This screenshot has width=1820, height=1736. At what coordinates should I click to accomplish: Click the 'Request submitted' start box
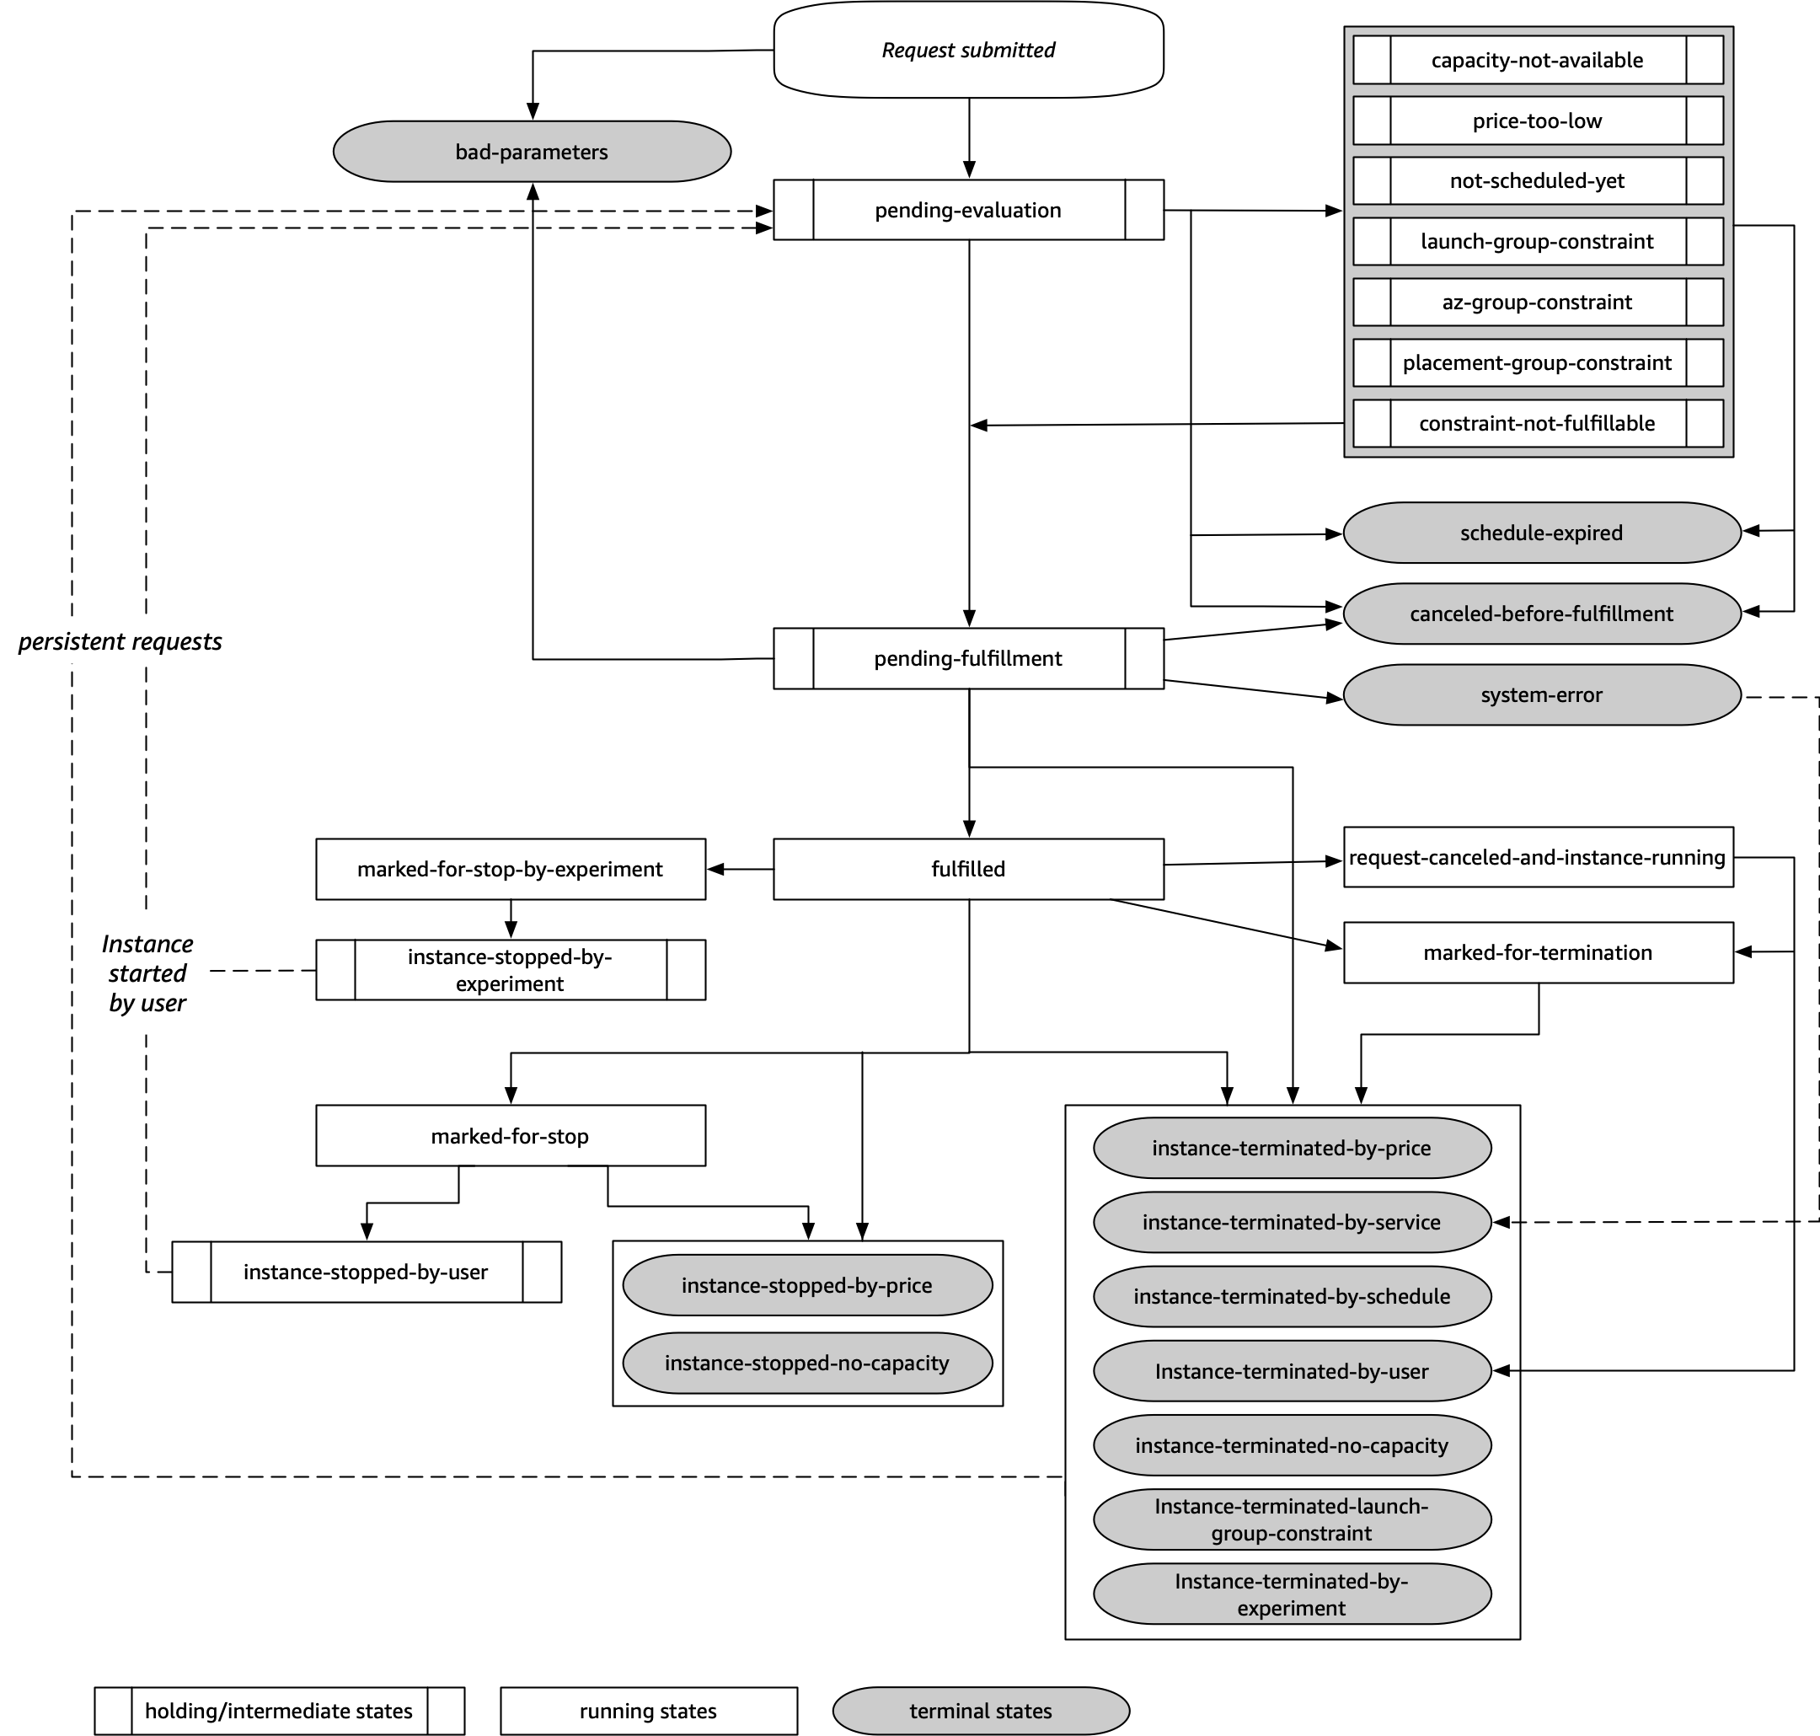pyautogui.click(x=968, y=50)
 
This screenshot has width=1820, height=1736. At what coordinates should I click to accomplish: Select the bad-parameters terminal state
pyautogui.click(x=531, y=152)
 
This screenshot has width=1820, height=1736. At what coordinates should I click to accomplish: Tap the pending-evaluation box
pyautogui.click(x=968, y=210)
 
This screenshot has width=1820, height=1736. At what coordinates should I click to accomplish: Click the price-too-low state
pyautogui.click(x=1537, y=121)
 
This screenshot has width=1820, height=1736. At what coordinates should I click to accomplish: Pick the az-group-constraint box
pyautogui.click(x=1537, y=302)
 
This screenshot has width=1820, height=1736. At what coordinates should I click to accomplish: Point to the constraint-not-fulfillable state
pyautogui.click(x=1537, y=423)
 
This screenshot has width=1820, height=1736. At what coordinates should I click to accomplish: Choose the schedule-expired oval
pyautogui.click(x=1540, y=533)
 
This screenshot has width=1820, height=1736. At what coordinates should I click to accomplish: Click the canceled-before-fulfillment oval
pyautogui.click(x=1540, y=613)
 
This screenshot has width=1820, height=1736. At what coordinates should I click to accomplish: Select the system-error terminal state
pyautogui.click(x=1540, y=695)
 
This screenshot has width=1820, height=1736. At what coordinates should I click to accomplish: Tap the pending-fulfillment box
pyautogui.click(x=968, y=659)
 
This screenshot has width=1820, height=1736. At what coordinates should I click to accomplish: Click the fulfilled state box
pyautogui.click(x=968, y=869)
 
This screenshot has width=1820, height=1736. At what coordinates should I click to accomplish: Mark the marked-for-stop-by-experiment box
pyautogui.click(x=510, y=869)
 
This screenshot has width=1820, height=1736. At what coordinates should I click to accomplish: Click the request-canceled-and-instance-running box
pyautogui.click(x=1537, y=857)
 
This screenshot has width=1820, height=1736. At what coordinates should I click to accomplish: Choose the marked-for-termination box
pyautogui.click(x=1537, y=952)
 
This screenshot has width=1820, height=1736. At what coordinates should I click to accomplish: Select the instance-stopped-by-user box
pyautogui.click(x=366, y=1273)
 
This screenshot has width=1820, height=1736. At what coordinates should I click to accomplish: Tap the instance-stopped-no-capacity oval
pyautogui.click(x=807, y=1363)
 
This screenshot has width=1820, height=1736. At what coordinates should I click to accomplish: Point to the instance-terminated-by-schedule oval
pyautogui.click(x=1292, y=1296)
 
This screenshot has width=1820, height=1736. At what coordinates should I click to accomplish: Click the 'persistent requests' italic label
pyautogui.click(x=120, y=641)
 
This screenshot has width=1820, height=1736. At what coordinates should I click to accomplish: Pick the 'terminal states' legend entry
pyautogui.click(x=981, y=1711)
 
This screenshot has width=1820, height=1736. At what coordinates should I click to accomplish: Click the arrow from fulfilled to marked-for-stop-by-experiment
pyautogui.click(x=740, y=869)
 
